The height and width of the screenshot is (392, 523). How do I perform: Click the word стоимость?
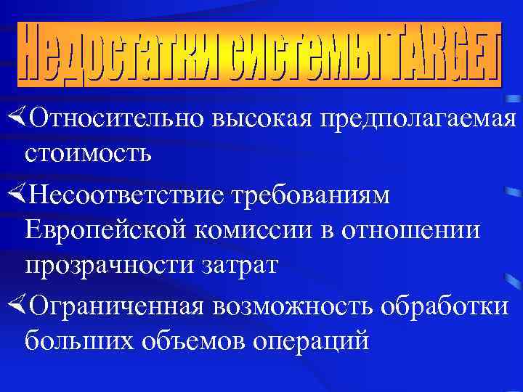[88, 154]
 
